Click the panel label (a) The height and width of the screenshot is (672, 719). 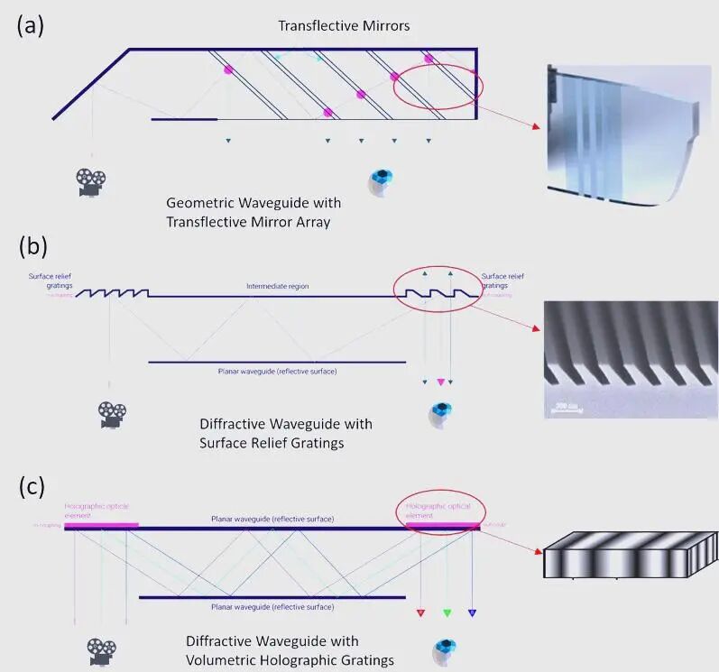coord(31,25)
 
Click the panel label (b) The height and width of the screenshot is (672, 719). coord(31,246)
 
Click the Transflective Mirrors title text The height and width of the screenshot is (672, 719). coord(343,25)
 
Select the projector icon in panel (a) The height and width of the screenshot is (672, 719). coord(90,182)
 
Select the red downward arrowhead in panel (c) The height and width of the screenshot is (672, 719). coord(420,614)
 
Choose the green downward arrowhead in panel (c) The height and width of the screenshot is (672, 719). coord(447,614)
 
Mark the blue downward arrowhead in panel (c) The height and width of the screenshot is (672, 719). coord(472,614)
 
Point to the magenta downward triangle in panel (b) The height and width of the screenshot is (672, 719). coord(440,382)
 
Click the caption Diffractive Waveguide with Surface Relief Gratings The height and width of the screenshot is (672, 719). coord(285,433)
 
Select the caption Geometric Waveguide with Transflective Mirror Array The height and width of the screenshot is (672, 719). coord(249,212)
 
